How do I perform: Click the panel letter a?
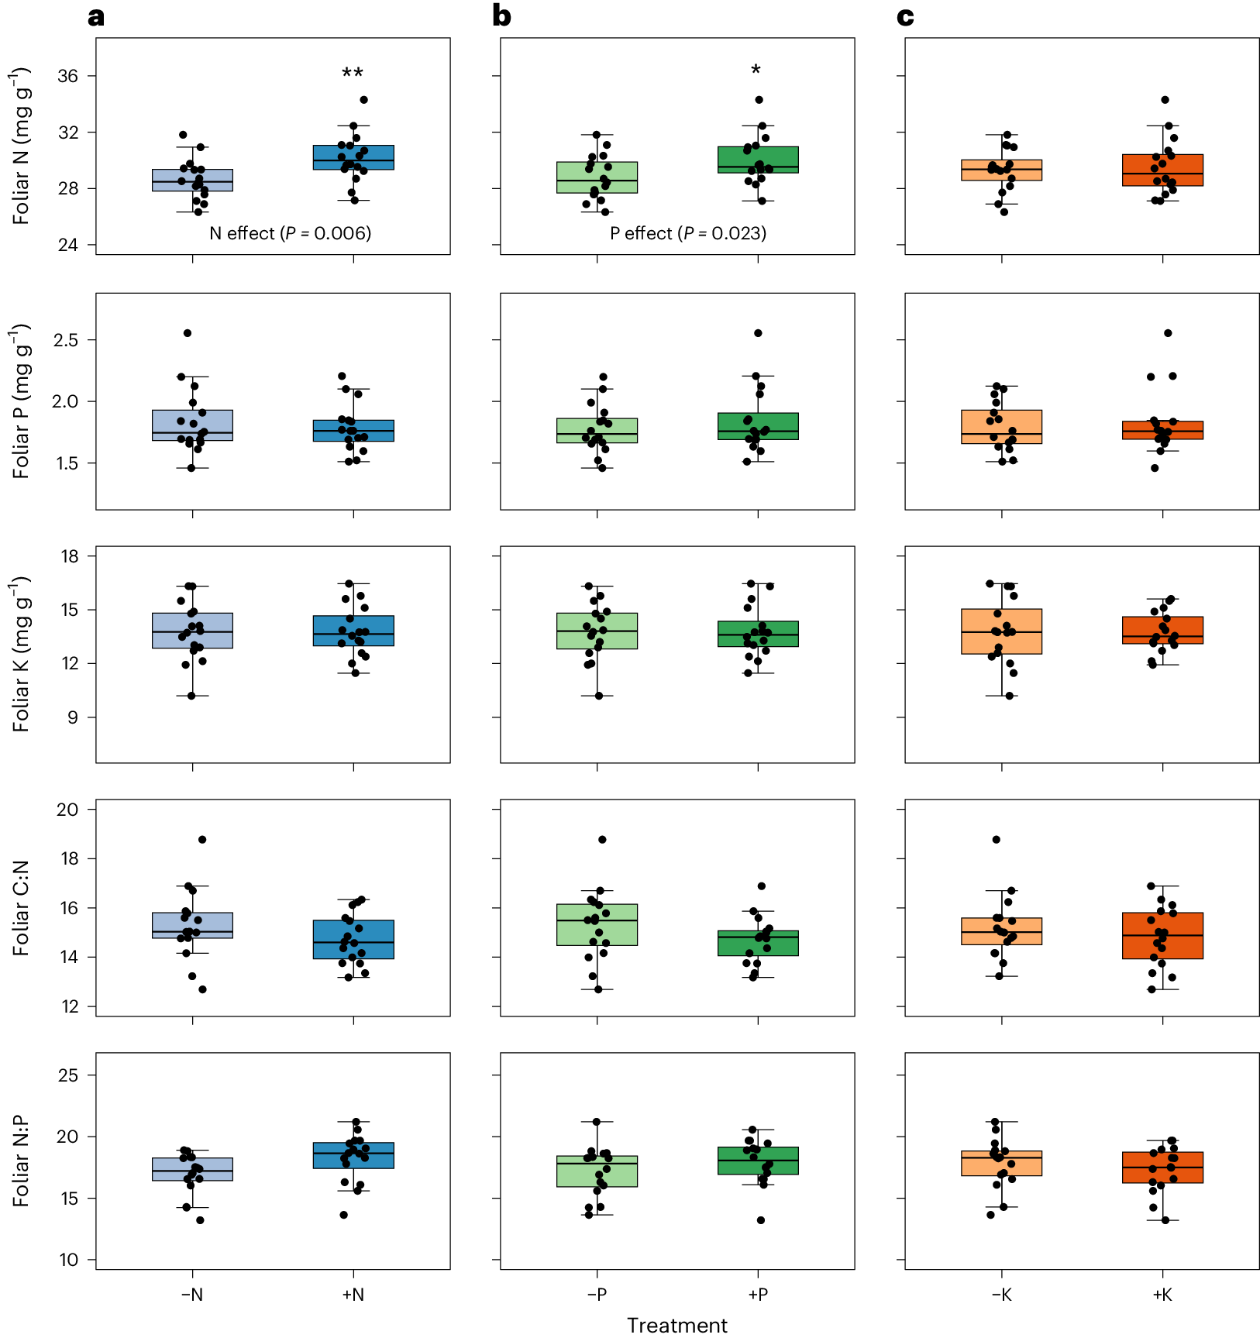coord(96,17)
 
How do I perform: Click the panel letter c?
coord(905,17)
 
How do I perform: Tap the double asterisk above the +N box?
coord(353,74)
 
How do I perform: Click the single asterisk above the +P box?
coord(756,71)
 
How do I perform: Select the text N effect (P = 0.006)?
coord(291,233)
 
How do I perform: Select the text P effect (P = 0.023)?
coord(688,233)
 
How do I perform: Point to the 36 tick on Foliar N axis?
coord(68,76)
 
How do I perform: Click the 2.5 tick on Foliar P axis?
coord(66,340)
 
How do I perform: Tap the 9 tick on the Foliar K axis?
coord(73,717)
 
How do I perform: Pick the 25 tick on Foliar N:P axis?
coord(68,1075)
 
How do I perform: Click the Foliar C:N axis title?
coord(21,907)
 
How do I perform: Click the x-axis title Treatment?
coord(677,1326)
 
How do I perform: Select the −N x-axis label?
coord(192,1295)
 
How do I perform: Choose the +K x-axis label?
coord(1162,1295)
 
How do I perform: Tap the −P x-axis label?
coord(597,1295)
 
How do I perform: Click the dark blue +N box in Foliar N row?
coord(353,157)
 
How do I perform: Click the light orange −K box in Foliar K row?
coord(1002,631)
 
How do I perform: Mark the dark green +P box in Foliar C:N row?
coord(758,943)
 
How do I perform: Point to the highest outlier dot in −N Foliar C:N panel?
coord(202,840)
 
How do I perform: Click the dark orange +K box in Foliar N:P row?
coord(1162,1168)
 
